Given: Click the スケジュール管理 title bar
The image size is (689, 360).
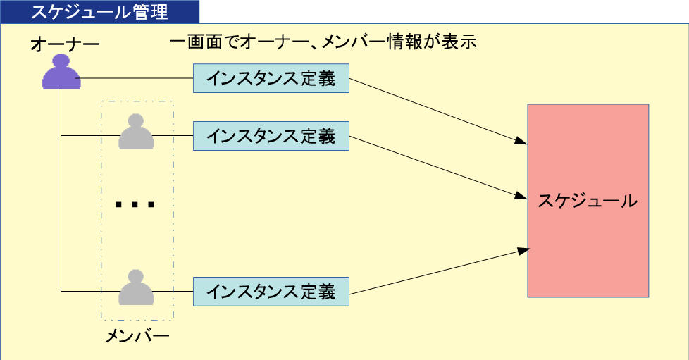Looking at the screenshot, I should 99,11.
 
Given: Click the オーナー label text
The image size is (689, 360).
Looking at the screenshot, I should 65,46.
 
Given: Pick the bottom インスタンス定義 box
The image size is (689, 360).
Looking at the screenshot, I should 271,291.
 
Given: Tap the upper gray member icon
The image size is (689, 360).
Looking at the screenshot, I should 136,132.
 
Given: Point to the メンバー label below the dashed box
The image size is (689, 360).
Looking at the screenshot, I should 137,336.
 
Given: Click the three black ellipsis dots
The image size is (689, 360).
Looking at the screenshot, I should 135,205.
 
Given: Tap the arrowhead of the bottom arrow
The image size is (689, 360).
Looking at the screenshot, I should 523,249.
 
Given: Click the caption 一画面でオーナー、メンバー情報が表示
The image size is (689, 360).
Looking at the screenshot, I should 325,43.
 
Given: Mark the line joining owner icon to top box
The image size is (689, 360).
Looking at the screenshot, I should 137,78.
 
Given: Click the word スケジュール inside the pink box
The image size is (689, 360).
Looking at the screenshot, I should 588,201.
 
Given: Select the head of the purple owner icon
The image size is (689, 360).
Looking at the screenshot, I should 61,63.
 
